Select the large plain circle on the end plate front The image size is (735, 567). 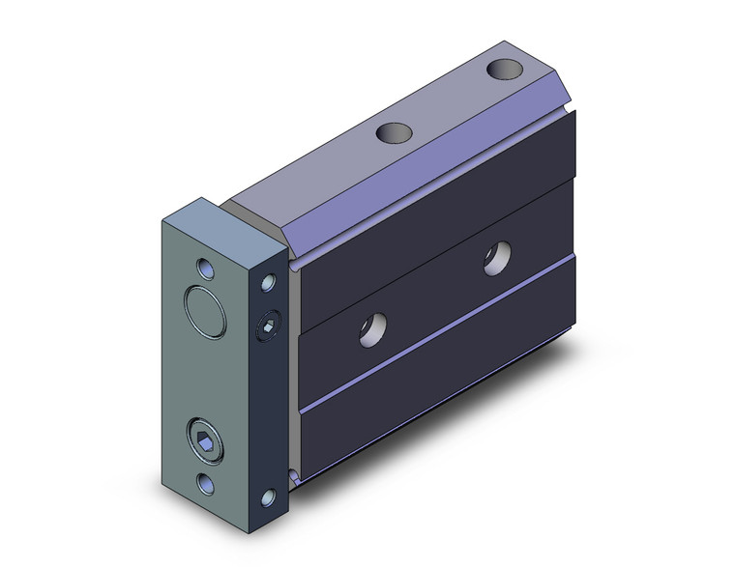pos(204,308)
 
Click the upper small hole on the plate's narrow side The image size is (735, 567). pos(268,283)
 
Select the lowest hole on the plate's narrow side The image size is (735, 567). pos(270,500)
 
